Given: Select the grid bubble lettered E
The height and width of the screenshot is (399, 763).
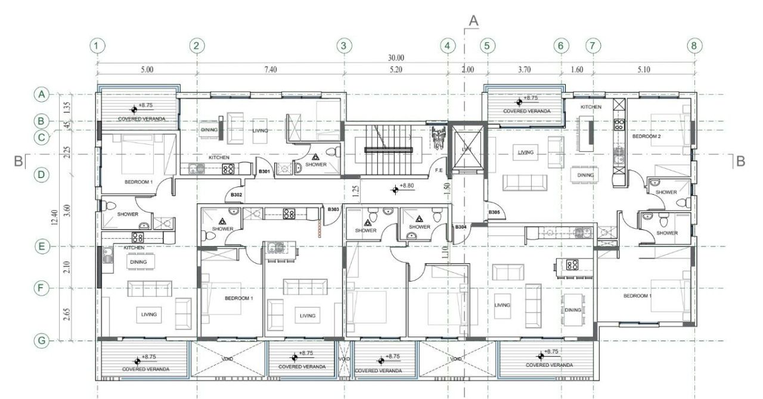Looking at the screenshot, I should click(41, 247).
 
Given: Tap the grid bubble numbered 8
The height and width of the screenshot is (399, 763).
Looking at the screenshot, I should click(693, 45).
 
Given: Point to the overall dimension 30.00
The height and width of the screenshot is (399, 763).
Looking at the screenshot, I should click(396, 58).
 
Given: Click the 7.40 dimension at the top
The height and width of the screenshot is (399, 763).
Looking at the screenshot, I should click(270, 70).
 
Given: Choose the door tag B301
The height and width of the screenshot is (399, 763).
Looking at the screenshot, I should click(265, 172).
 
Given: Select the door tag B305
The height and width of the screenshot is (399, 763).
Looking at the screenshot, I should click(494, 213).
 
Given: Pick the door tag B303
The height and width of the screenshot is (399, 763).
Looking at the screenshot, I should click(333, 209).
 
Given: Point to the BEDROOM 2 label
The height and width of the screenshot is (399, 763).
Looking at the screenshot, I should click(646, 136).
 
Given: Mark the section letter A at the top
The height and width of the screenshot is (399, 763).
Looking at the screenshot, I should click(474, 20).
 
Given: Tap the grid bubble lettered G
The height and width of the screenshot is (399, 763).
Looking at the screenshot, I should click(41, 341).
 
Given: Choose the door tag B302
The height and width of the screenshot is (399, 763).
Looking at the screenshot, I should click(236, 195).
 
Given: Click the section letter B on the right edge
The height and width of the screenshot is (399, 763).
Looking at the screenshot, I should click(740, 161).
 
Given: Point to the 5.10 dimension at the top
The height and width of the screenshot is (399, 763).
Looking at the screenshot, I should click(643, 70).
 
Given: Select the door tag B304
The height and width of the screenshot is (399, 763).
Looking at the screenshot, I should click(461, 227).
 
